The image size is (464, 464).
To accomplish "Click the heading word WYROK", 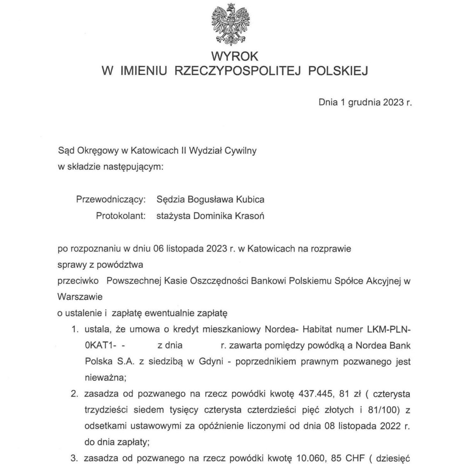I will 234,56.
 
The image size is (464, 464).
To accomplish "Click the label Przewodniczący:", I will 111,200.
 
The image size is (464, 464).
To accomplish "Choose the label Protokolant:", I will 121,216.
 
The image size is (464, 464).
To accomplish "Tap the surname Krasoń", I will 249,216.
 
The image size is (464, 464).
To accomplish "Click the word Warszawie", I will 80,297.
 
